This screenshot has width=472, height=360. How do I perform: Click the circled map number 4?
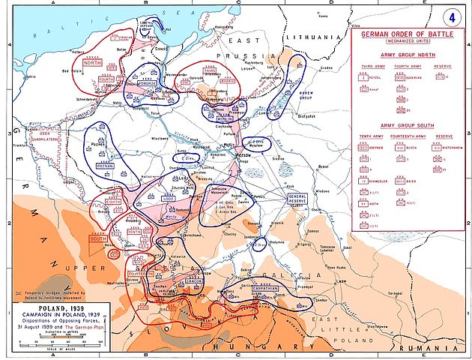click(x=453, y=16)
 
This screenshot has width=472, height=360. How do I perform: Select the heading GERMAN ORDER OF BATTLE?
click(x=409, y=34)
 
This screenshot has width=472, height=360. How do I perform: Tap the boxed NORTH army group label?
click(x=92, y=63)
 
